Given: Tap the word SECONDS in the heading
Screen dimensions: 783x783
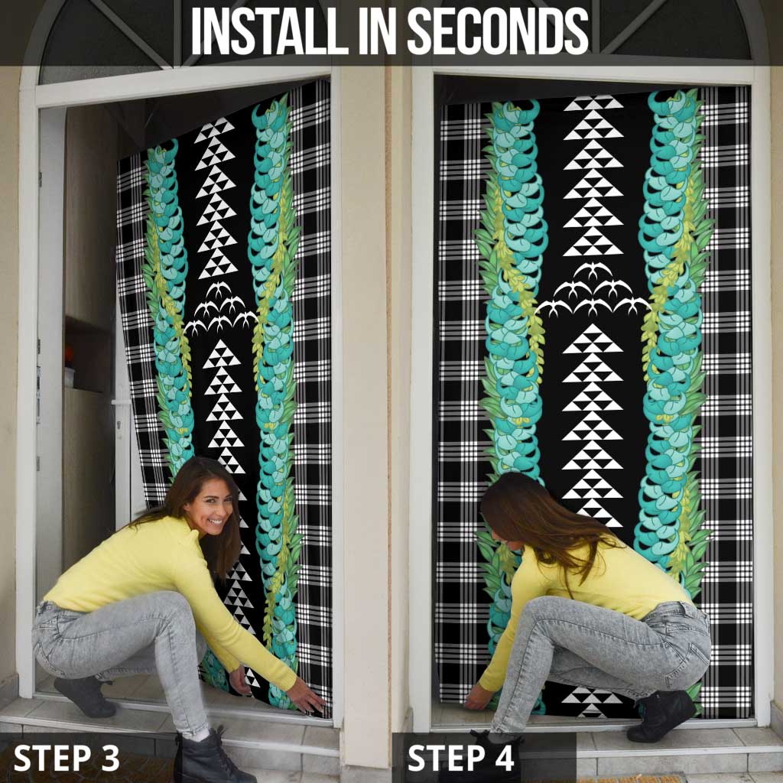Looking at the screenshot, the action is pos(498,31).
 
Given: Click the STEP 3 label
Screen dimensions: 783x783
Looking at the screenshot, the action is pos(66,758).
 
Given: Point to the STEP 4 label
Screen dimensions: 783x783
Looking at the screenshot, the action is pos(460,758).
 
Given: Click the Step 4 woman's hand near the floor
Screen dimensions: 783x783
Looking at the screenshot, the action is pos(478,697).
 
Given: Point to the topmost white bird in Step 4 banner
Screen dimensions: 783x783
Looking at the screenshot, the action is pos(593,270).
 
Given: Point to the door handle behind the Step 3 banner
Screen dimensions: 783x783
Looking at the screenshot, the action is pos(121,402).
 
